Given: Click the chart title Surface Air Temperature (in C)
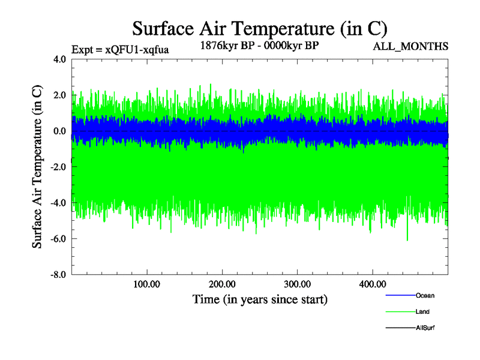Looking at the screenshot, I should pos(260,28).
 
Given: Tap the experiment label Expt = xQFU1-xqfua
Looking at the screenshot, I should pos(120,50).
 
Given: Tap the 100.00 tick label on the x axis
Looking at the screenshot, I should pos(146,284).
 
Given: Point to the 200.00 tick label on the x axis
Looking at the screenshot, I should pos(222,284).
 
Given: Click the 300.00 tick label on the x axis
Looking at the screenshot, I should pos(297,284).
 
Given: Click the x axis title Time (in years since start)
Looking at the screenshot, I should pos(260,299).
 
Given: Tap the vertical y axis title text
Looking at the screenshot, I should pos(37,167).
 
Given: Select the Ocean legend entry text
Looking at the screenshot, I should pos(425,296).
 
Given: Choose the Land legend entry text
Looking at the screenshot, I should pos(422,312).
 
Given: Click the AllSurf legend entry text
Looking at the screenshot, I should pos(425,328).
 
